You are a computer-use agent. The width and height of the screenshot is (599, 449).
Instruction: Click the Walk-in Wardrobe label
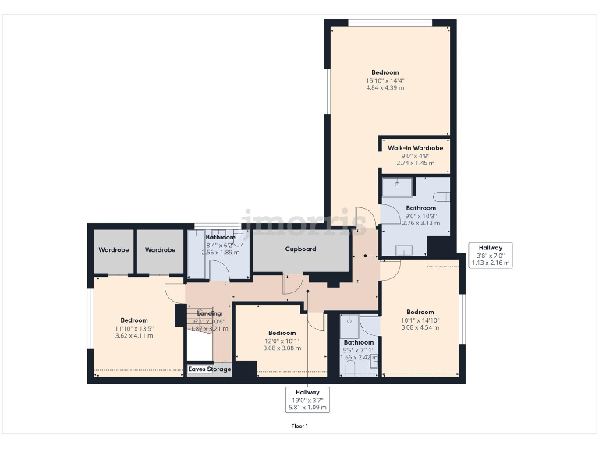pos(415,148)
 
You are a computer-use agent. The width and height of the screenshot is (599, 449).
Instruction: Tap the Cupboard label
pos(300,249)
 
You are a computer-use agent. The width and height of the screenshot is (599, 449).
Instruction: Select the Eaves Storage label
pos(209,369)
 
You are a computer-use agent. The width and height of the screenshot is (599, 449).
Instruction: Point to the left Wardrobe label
pos(114,249)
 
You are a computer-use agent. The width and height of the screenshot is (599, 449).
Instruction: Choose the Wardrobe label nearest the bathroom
pos(160,249)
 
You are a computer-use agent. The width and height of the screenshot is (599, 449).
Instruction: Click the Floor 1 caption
pos(299,426)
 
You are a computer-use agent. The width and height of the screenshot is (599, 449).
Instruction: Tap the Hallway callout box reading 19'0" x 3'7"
pos(307,399)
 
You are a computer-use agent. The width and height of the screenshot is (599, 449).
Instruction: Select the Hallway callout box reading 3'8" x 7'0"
pos(490,255)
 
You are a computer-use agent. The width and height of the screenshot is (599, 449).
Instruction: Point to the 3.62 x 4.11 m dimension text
pos(134,335)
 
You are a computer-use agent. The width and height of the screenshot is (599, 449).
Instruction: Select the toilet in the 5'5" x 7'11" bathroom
pos(349,366)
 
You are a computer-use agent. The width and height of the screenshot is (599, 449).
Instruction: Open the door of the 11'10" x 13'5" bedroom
pos(175,292)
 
